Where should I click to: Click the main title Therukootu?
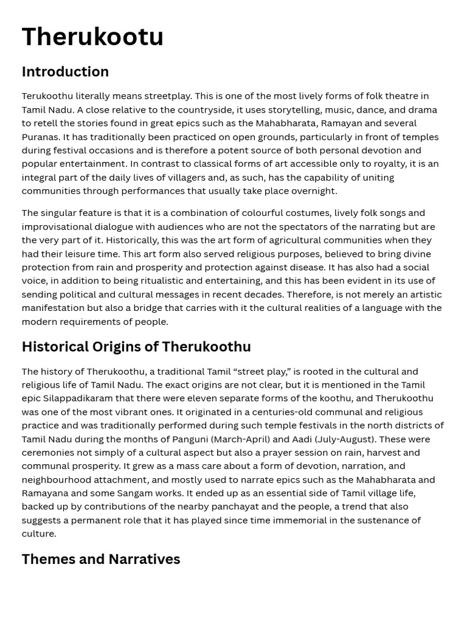pyautogui.click(x=92, y=37)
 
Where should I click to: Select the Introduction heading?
pyautogui.click(x=65, y=72)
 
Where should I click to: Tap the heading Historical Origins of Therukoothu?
pyautogui.click(x=136, y=347)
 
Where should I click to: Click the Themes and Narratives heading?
pyautogui.click(x=101, y=559)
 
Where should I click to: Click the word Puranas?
pyautogui.click(x=39, y=137)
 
